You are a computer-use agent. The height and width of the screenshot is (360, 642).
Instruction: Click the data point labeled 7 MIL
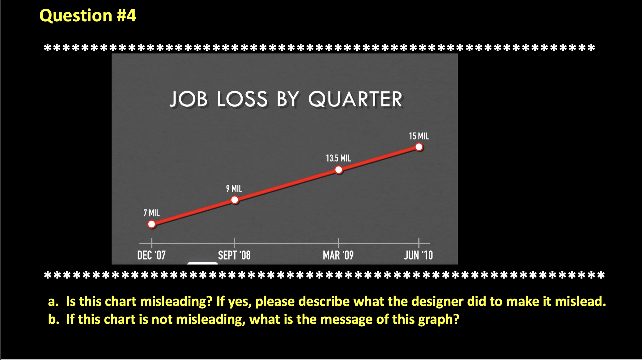(151, 224)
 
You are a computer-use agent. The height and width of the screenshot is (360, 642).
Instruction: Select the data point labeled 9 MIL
(235, 200)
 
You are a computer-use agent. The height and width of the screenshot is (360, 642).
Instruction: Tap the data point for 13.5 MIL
(339, 170)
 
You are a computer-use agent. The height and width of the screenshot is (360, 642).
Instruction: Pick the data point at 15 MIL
(419, 147)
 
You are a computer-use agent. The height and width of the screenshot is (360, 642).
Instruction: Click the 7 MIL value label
(151, 213)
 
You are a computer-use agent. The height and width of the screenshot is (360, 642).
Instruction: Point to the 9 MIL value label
(234, 188)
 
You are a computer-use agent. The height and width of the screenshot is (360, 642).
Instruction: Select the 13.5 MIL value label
(338, 158)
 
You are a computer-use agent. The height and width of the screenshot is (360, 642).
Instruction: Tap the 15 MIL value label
(419, 136)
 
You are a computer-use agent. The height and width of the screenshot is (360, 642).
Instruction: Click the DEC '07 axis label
(151, 255)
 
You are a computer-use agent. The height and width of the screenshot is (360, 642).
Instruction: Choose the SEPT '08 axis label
(234, 255)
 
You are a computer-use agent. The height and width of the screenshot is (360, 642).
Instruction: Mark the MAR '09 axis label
(338, 255)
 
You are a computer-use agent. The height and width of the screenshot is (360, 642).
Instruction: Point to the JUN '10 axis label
(418, 255)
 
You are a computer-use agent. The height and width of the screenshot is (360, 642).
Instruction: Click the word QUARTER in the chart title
(355, 100)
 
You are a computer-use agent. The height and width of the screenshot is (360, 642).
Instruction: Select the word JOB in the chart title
(189, 100)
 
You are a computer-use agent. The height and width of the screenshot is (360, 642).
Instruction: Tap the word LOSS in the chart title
(242, 100)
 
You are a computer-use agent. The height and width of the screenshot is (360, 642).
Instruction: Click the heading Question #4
(88, 15)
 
